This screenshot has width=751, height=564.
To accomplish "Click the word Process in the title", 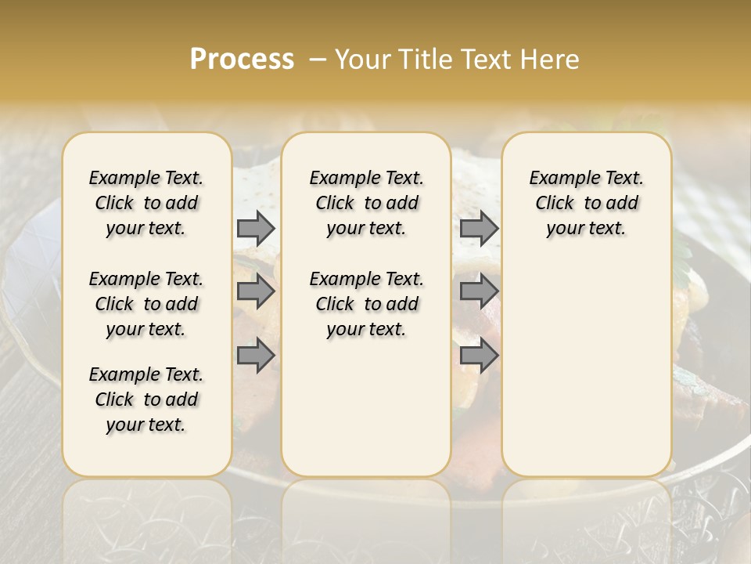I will [x=242, y=60].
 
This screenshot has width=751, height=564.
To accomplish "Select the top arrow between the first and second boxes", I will [x=256, y=228].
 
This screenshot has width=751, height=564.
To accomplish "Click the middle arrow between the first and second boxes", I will [x=256, y=291].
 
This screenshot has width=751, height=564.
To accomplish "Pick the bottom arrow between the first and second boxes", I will [x=256, y=356].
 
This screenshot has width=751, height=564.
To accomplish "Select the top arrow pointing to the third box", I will [x=479, y=228].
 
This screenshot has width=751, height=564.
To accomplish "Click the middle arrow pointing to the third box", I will [x=479, y=291].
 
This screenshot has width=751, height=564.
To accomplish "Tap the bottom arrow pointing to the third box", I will [x=479, y=356].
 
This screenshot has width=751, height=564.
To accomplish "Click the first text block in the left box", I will [x=146, y=203].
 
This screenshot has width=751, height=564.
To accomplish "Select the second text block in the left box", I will [x=146, y=304].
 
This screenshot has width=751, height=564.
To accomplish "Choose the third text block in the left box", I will [x=146, y=399].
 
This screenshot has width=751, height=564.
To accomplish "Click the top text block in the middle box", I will [x=366, y=203].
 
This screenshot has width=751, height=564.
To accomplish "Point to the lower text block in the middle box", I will [x=366, y=304].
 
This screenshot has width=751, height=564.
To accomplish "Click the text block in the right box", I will [x=587, y=203].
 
